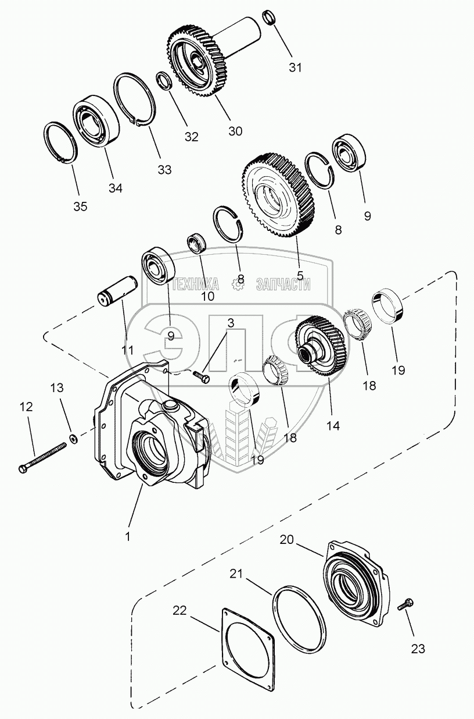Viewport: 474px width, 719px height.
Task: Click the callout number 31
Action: pyautogui.click(x=296, y=67)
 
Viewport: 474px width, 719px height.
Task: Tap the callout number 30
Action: pyautogui.click(x=235, y=131)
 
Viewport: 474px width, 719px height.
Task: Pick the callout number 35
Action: pyautogui.click(x=80, y=206)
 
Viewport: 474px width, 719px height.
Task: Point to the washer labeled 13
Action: pyautogui.click(x=74, y=437)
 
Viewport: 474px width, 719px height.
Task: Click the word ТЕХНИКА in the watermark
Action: pyautogui.click(x=196, y=284)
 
